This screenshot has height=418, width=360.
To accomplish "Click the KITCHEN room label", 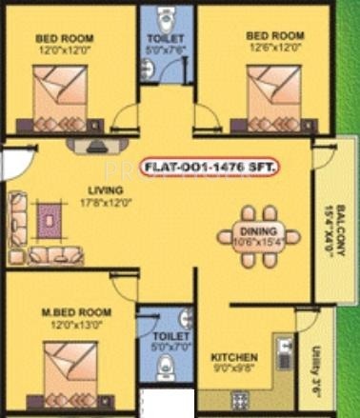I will tap(231, 357).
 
